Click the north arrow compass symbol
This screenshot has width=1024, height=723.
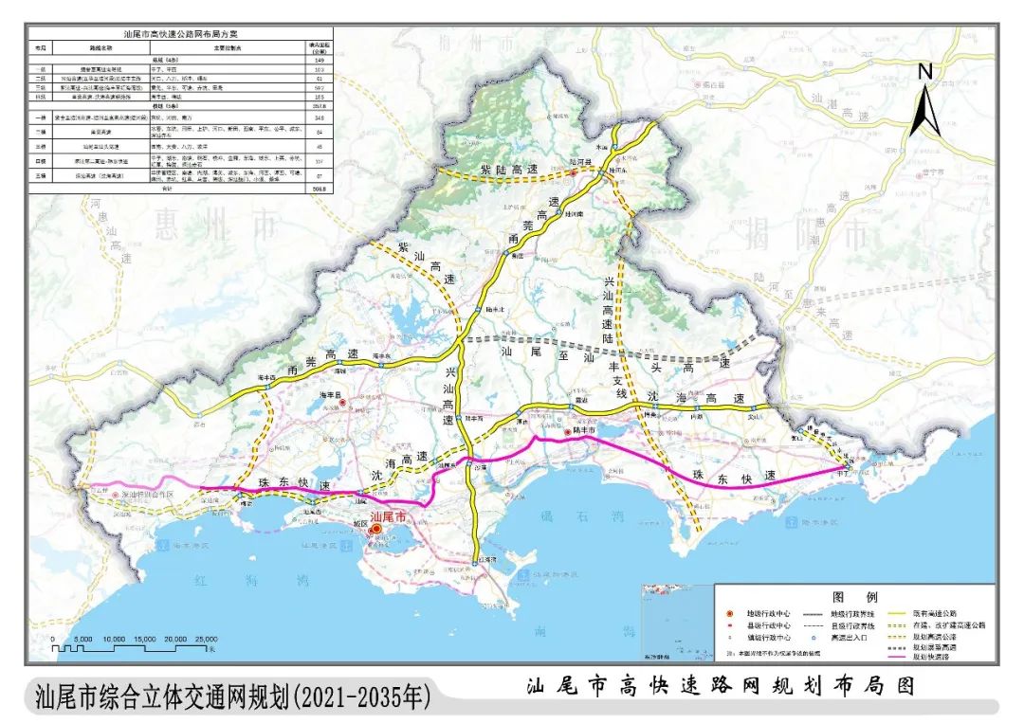924,101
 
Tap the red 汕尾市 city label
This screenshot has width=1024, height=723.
387,517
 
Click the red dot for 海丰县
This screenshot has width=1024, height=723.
340,403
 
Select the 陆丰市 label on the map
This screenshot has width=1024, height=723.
582,431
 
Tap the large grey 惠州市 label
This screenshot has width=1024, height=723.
216,226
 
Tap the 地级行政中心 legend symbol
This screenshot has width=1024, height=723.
727,612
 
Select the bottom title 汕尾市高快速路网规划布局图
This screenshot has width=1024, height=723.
722,687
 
